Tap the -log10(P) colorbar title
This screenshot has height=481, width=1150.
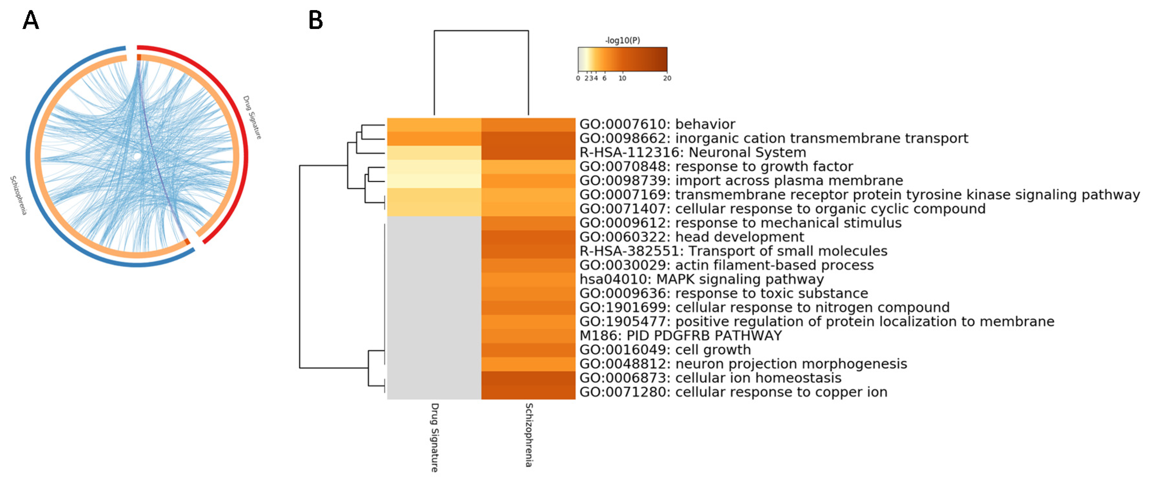(x=622, y=40)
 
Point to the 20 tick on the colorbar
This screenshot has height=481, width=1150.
(x=667, y=78)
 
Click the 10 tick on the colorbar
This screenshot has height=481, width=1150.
(x=622, y=78)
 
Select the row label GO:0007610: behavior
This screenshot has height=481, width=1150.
(x=657, y=124)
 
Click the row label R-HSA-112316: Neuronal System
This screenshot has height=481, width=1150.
(x=692, y=153)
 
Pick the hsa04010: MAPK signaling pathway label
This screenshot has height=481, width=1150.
(x=701, y=279)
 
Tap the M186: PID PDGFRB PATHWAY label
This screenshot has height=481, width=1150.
(x=680, y=336)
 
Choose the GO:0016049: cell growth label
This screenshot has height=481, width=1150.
(x=665, y=350)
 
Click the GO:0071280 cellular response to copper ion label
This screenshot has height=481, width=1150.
(x=733, y=392)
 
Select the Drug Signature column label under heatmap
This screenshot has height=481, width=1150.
(x=434, y=437)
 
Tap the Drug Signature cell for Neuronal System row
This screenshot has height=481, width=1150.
(x=434, y=153)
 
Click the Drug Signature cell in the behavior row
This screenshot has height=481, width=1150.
(x=434, y=124)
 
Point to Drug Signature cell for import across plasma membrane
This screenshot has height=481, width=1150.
(x=434, y=180)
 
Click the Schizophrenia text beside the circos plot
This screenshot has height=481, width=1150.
(x=18, y=195)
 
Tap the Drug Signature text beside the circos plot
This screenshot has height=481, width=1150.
(x=252, y=117)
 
